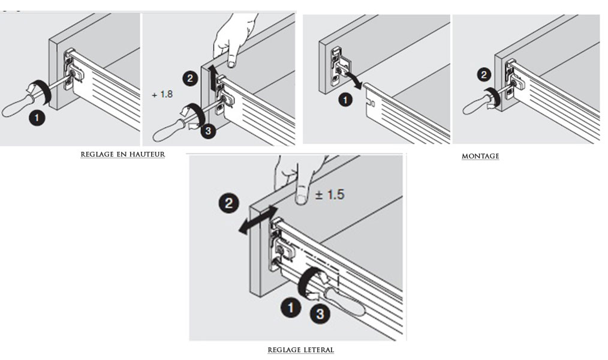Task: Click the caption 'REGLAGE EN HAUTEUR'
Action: point(122,154)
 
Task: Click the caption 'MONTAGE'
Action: point(480,156)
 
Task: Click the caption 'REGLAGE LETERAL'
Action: point(300,349)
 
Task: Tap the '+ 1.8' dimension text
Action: point(162,95)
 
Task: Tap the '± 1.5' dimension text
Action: point(330,195)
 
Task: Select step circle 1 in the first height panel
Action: point(37,118)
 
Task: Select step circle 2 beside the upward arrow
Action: point(190,78)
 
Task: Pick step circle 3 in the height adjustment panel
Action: point(208,131)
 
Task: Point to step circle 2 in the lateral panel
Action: point(228,203)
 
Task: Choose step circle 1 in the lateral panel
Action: point(291,308)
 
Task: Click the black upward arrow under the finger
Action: point(213,76)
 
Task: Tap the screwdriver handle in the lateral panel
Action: point(342,301)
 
